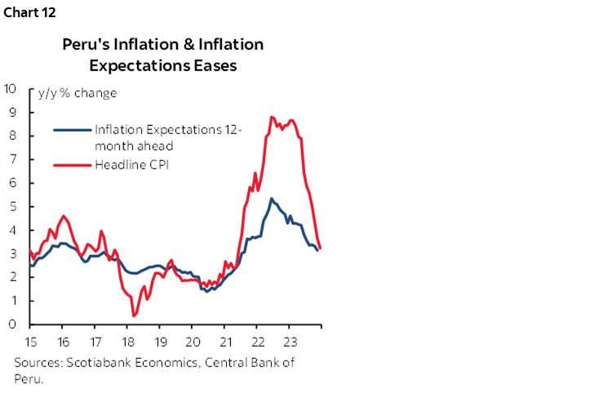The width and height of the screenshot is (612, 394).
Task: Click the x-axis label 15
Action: click(30, 341)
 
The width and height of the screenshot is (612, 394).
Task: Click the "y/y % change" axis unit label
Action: click(78, 93)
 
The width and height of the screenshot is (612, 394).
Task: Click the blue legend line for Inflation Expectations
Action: click(73, 129)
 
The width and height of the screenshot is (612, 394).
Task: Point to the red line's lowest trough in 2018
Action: click(134, 316)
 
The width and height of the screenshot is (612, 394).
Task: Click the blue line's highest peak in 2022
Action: click(272, 199)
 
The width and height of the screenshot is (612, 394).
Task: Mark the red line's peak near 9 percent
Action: click(271, 117)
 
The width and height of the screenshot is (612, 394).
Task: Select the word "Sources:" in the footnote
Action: click(38, 363)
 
